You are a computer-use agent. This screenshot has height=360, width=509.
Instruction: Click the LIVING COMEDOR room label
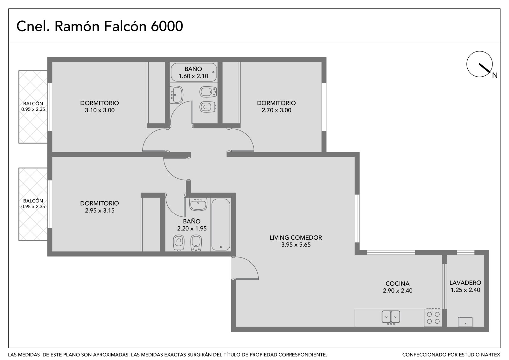(296, 238)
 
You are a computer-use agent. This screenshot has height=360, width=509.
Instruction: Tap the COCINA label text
(397, 284)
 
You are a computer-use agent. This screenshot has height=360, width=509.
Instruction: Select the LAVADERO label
(465, 283)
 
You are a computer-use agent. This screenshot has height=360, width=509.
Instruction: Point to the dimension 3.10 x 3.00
(100, 110)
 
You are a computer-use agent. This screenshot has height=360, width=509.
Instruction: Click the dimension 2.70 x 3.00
(276, 110)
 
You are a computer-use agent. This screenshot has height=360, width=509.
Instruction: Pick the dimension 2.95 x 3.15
(100, 211)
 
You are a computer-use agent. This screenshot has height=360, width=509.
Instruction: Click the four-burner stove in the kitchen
(433, 317)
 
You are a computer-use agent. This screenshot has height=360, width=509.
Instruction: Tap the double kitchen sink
(391, 317)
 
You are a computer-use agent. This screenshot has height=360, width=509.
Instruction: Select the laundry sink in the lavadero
(466, 322)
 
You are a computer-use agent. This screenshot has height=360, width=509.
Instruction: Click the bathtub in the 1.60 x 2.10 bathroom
(194, 72)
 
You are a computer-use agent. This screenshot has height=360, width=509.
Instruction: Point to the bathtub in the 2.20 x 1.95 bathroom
(221, 225)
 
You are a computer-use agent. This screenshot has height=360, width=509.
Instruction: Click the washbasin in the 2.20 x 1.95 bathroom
(198, 204)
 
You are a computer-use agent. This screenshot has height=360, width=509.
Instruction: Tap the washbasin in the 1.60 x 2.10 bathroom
(176, 95)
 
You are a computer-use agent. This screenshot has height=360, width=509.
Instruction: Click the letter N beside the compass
(495, 75)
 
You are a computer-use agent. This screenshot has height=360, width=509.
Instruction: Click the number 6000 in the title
(167, 26)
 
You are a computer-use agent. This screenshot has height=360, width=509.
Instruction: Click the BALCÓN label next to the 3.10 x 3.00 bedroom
(33, 104)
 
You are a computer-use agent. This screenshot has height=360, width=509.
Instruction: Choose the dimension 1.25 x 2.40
(465, 290)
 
